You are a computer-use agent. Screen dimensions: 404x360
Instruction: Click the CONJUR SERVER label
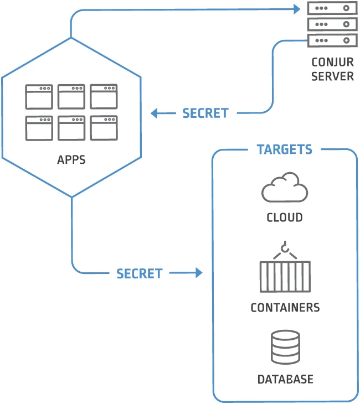pos(332,69)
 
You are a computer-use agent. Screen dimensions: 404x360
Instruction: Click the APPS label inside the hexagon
pos(71,160)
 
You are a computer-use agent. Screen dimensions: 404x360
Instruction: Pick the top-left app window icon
pos(39,96)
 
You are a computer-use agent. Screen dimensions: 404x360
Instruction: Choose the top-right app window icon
pos(104,96)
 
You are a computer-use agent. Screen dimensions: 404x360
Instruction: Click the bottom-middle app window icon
pos(71,128)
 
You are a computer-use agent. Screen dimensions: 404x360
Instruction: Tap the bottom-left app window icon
pos(39,128)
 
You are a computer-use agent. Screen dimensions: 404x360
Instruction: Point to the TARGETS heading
pos(285,149)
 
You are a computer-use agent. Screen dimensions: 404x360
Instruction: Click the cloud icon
pos(285,188)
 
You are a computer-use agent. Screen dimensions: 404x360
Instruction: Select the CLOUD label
pos(285,217)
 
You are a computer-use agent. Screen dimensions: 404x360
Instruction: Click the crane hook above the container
pos(285,250)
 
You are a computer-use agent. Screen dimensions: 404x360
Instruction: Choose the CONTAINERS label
pos(285,308)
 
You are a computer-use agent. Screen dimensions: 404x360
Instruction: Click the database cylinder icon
pos(285,347)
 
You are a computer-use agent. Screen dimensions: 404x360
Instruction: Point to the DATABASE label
pos(285,380)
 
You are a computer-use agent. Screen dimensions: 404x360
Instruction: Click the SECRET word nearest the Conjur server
pos(205,113)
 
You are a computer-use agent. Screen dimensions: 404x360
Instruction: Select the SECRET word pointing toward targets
pos(140,273)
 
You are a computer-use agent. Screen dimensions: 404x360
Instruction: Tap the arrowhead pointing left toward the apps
pos(155,113)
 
